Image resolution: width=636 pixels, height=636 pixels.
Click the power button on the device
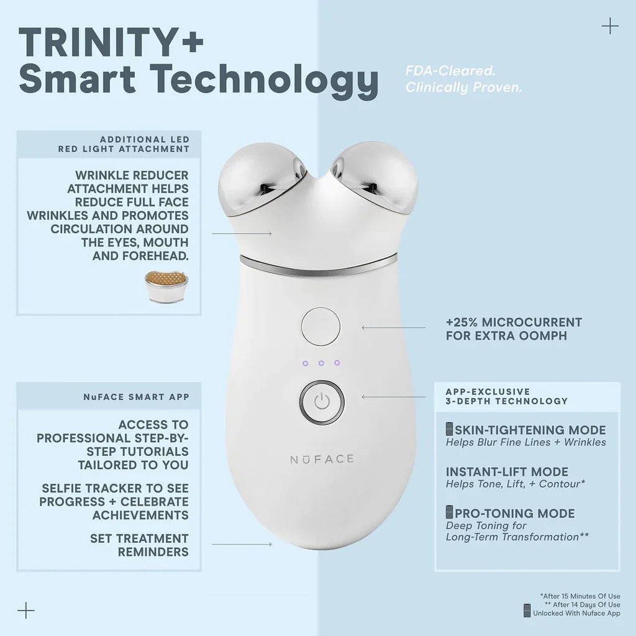coord(321,401)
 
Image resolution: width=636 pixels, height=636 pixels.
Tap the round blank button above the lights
coord(320,327)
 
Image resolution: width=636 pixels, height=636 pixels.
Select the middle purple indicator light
coord(321,363)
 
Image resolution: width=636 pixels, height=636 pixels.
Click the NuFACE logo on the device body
coord(322,459)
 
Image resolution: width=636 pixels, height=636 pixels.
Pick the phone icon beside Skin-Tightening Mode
coord(450,430)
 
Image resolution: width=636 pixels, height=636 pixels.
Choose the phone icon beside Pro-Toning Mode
coord(450,513)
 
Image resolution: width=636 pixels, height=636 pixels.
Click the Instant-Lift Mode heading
coord(507,471)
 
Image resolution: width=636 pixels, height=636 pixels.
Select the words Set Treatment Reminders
coord(139,545)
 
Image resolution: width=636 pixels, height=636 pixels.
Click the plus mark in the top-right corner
coord(611,26)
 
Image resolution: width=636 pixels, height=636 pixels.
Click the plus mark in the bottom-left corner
coord(26,610)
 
